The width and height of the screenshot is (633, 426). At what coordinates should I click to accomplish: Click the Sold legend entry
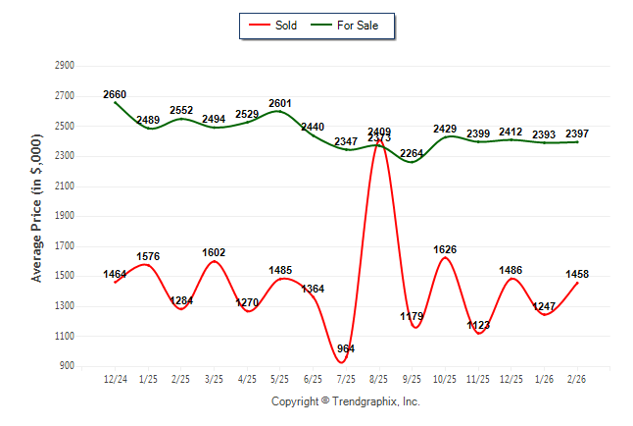(279, 25)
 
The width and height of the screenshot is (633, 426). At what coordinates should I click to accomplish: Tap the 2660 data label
(116, 95)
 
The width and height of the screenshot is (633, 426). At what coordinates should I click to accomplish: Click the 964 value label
(345, 349)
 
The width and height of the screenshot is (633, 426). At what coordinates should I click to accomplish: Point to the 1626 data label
(445, 249)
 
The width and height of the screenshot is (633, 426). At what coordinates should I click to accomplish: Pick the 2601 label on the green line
(279, 103)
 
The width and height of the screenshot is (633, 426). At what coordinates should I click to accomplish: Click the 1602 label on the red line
(215, 252)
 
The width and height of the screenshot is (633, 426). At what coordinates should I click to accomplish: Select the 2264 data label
(412, 153)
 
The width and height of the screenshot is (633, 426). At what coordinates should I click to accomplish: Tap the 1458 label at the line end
(576, 274)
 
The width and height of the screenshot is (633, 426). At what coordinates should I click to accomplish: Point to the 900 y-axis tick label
(68, 366)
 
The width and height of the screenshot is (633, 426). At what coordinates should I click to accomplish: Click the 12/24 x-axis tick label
(116, 379)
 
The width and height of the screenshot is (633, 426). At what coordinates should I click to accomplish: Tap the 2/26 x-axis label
(577, 379)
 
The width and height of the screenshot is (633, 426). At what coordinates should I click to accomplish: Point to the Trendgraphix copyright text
(345, 401)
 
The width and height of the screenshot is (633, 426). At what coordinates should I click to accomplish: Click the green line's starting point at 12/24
(116, 103)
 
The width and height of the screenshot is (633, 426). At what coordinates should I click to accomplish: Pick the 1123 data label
(478, 325)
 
